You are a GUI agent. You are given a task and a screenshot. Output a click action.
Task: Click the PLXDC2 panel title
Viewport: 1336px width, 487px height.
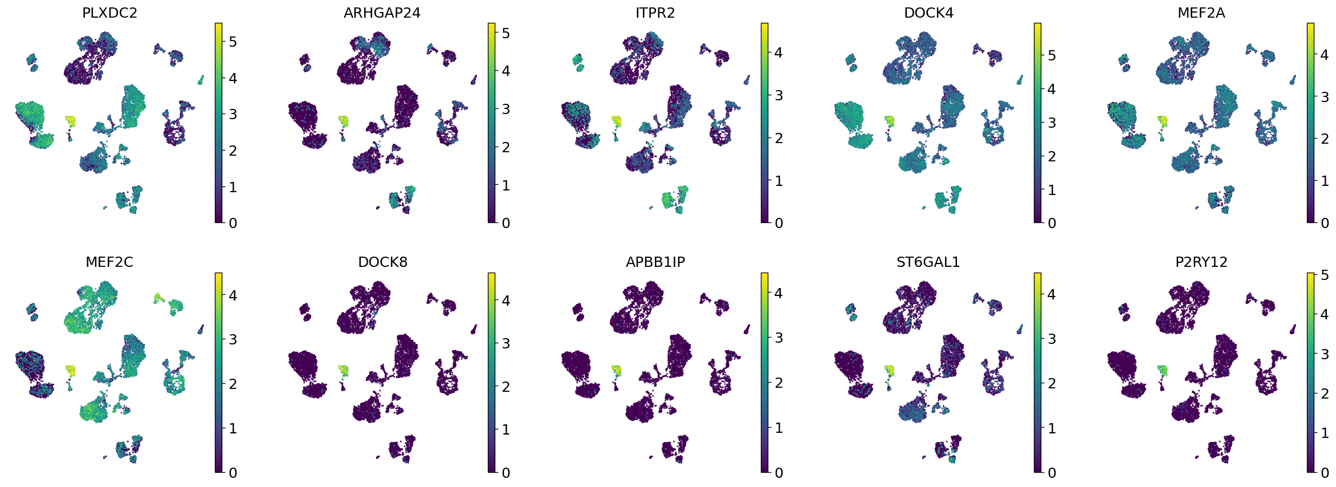coord(109,13)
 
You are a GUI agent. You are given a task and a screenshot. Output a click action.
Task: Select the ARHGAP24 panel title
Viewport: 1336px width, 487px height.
coord(382,13)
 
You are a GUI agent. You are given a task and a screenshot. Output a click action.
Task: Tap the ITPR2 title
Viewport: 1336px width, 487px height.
coord(655,13)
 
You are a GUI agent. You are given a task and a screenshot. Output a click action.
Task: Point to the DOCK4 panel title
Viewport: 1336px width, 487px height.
coord(928,13)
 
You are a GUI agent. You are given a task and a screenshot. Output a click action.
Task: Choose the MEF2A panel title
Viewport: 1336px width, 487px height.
coord(1201,13)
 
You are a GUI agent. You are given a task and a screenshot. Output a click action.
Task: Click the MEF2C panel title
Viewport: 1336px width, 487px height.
coord(109,262)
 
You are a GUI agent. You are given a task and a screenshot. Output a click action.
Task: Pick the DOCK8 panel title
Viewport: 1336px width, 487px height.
coord(382,262)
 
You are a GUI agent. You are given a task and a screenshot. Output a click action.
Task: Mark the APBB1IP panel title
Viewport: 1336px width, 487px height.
coord(655,262)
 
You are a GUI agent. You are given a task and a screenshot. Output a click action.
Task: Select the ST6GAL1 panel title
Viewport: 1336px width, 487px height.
coord(928,262)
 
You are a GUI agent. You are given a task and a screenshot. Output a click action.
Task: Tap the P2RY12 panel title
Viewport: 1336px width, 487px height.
coord(1201,262)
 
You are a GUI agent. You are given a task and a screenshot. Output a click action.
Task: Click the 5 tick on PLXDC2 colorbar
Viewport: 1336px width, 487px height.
coord(233,42)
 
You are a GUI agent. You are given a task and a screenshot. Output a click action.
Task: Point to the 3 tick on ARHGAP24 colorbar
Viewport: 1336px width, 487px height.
coord(506,109)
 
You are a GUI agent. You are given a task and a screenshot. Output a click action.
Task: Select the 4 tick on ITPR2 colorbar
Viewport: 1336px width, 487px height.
coord(779,52)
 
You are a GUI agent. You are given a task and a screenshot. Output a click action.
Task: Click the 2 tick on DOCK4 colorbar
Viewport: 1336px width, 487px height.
coord(1052,156)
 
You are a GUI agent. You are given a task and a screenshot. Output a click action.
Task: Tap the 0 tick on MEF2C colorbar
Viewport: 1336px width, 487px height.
coord(233,473)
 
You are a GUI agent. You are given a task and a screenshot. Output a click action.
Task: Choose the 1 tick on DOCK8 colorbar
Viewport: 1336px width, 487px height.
coord(506,429)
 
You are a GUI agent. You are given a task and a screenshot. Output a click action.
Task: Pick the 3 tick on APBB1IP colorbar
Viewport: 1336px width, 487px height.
coord(779,338)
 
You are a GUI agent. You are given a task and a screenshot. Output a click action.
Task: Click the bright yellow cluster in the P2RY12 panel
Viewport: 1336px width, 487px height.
coord(1163,371)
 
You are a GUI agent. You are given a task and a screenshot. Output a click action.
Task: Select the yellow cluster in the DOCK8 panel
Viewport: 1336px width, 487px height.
coord(343,371)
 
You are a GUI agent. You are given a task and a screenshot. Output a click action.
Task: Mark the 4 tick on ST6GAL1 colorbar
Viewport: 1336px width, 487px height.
coord(1052,294)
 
